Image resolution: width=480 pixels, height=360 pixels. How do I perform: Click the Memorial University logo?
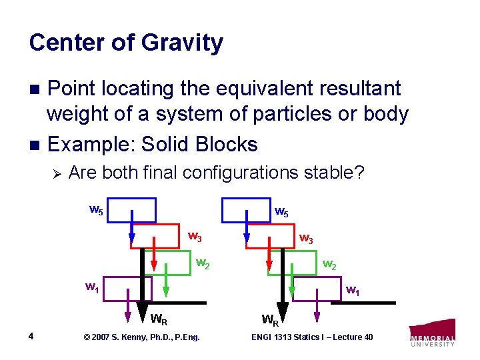point(432,333)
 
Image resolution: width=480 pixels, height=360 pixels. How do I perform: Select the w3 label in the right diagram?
point(307,237)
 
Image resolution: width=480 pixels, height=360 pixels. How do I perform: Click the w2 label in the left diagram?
point(203,263)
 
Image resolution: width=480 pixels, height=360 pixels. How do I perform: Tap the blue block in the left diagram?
point(130,209)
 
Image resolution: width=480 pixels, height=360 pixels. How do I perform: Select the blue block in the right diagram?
point(246,209)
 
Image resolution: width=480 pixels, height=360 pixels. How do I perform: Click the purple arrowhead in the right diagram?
point(317,315)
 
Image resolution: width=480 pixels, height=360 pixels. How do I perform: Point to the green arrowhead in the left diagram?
point(166,292)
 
